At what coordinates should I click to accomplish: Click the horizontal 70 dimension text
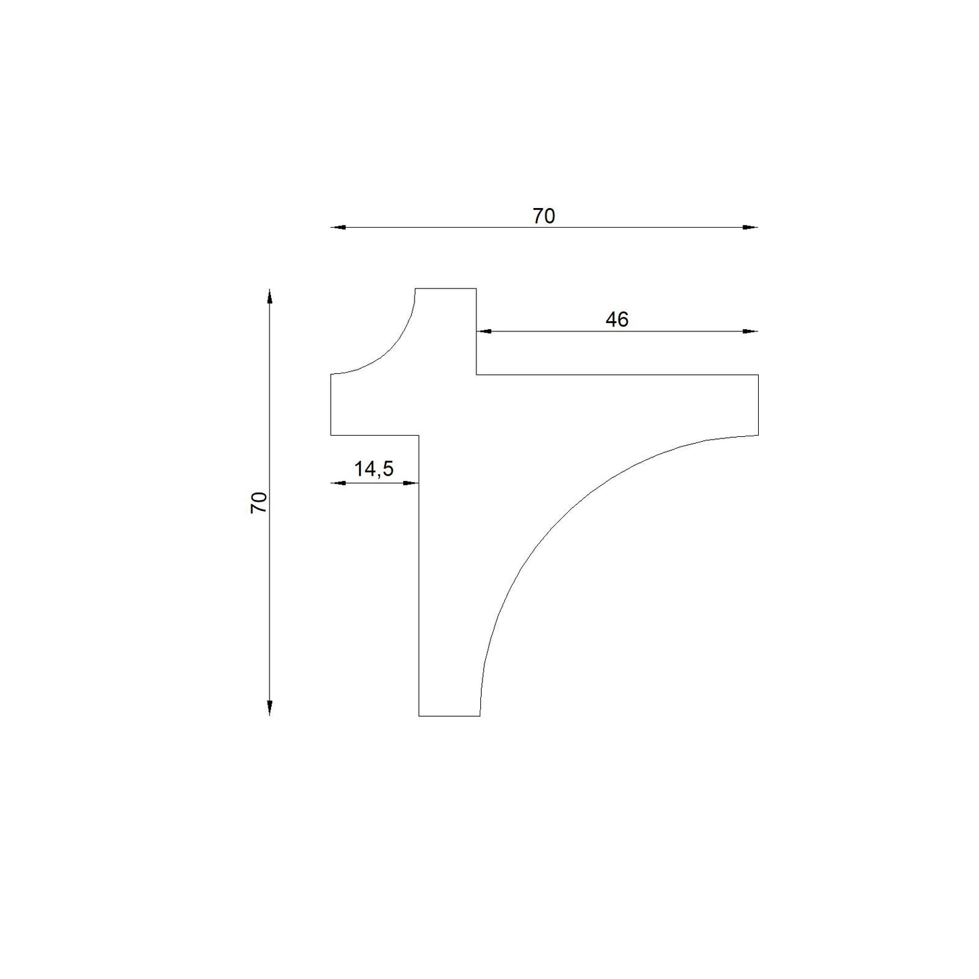click(x=543, y=216)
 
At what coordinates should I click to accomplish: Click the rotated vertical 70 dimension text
click(x=259, y=503)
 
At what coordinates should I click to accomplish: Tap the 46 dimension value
click(x=617, y=320)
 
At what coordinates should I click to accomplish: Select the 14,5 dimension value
click(x=374, y=469)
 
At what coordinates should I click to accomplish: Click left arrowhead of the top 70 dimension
click(x=338, y=227)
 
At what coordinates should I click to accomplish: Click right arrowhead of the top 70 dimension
click(x=751, y=227)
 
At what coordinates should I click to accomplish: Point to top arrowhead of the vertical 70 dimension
click(x=269, y=297)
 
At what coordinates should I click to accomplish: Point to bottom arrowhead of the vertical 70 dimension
click(x=269, y=708)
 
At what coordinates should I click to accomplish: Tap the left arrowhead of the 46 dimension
click(x=484, y=331)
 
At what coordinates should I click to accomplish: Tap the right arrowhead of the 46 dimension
click(x=751, y=331)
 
